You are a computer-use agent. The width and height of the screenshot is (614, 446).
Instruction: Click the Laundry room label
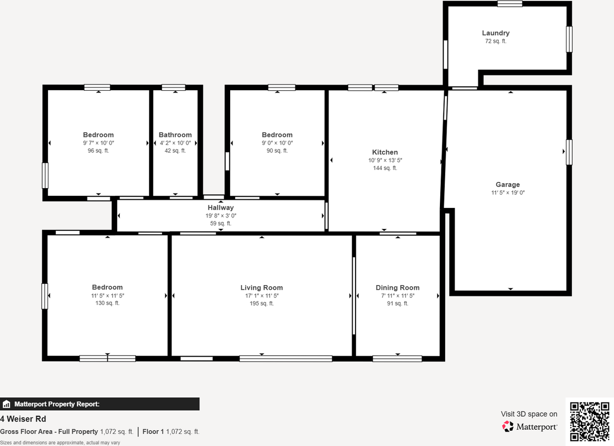click(x=496, y=33)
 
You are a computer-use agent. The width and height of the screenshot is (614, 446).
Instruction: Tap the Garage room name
click(x=508, y=185)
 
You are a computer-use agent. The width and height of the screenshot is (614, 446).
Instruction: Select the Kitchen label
click(x=385, y=152)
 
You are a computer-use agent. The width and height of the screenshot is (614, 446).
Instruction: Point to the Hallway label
click(x=221, y=208)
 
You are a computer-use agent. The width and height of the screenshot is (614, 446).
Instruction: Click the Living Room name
click(x=261, y=288)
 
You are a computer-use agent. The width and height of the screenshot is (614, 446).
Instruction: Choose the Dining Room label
click(x=398, y=288)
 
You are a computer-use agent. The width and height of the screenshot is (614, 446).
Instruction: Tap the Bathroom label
click(x=175, y=135)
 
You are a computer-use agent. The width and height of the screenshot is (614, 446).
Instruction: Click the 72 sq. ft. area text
click(x=496, y=41)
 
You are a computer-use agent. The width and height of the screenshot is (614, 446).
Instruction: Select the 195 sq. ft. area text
click(x=261, y=303)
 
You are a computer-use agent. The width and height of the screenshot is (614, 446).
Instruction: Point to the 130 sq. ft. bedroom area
click(x=107, y=303)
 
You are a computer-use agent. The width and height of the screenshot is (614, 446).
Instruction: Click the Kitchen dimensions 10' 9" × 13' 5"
click(x=385, y=160)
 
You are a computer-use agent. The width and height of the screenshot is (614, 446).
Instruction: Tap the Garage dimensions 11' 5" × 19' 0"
click(x=508, y=193)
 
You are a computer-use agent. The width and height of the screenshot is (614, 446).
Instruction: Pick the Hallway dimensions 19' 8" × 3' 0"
click(x=221, y=216)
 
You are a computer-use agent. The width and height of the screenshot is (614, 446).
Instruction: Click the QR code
click(x=590, y=422)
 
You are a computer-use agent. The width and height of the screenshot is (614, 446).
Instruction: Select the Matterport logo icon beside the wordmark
click(x=508, y=426)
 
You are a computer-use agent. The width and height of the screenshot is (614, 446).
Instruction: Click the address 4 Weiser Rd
click(x=23, y=419)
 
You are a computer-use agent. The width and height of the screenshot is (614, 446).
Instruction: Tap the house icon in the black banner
click(x=6, y=404)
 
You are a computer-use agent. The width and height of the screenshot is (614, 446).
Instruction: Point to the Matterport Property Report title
click(x=57, y=404)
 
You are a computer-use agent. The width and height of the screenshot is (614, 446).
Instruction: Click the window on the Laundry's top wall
click(x=510, y=4)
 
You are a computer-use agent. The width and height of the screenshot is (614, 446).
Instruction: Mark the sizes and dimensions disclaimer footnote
click(x=60, y=443)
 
